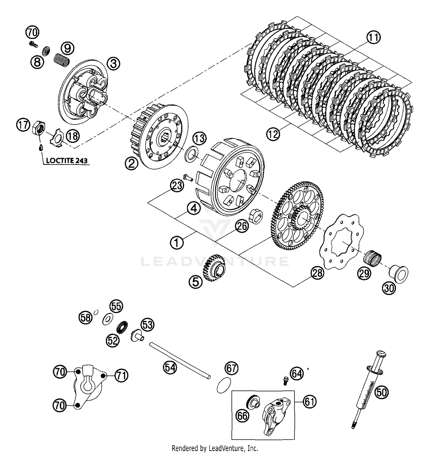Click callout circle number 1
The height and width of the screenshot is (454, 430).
177,243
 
